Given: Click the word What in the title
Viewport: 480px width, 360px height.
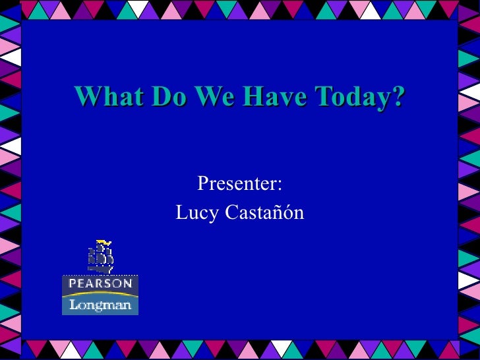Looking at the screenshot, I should click(109, 97).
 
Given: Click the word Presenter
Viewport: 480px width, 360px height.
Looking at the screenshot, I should click(237, 184).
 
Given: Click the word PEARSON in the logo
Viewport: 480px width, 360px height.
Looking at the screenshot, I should click(100, 284).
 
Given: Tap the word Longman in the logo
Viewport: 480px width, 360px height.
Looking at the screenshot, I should click(100, 305).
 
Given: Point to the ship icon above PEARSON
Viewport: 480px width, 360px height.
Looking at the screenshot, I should click(100, 256).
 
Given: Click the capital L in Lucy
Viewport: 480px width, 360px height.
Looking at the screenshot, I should click(181, 213).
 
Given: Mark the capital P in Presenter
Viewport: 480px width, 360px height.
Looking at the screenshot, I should click(203, 184).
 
